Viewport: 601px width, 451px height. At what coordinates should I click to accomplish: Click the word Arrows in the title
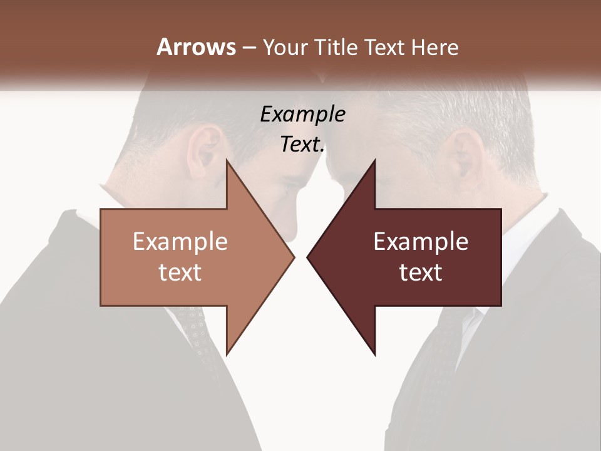[196, 47]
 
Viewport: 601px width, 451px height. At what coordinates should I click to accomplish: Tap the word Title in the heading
[337, 48]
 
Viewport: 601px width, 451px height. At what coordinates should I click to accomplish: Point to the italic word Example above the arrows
[302, 114]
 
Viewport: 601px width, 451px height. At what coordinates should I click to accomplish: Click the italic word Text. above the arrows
[302, 145]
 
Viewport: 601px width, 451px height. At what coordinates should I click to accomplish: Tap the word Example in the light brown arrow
[180, 241]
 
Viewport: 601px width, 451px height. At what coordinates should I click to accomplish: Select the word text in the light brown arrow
[180, 272]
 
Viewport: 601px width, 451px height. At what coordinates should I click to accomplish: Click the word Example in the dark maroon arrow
[421, 241]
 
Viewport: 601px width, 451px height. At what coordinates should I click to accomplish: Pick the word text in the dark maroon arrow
[421, 272]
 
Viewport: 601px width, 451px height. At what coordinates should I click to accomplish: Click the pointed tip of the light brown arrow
[293, 257]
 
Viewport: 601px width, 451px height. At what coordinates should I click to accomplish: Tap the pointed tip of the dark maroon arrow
[308, 257]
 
